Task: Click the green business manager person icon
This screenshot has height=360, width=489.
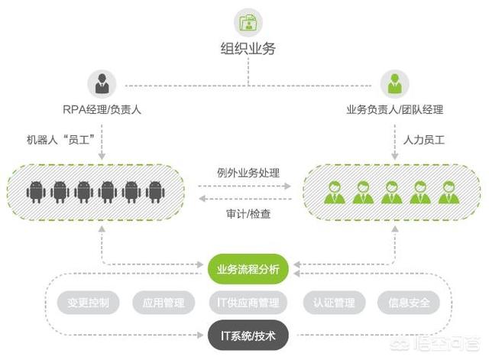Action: (394, 83)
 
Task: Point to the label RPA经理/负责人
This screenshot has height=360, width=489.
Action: (101, 109)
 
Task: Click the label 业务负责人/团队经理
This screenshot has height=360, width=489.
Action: (394, 109)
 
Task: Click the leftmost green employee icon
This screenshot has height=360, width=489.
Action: (334, 191)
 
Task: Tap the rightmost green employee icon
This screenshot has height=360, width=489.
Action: (449, 191)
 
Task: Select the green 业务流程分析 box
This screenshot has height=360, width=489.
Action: (248, 269)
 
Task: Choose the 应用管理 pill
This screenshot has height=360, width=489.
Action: (164, 303)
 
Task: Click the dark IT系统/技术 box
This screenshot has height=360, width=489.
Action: (248, 335)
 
